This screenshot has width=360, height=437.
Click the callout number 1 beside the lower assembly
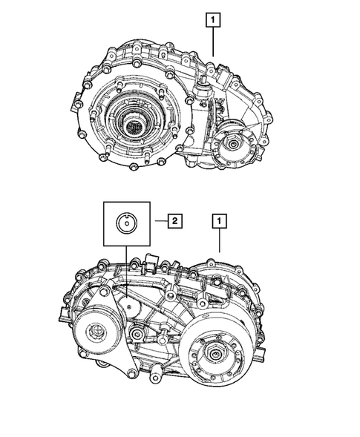coord(219,220)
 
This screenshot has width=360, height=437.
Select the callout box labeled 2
coord(174,220)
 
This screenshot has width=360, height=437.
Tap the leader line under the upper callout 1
coord(214,45)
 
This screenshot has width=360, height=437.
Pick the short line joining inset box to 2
coord(158,220)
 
